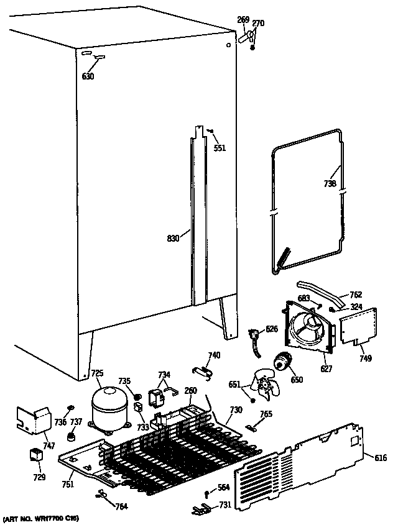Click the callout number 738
(330, 184)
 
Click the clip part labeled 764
(101, 495)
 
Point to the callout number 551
(220, 148)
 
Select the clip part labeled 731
(201, 509)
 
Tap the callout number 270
(257, 24)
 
